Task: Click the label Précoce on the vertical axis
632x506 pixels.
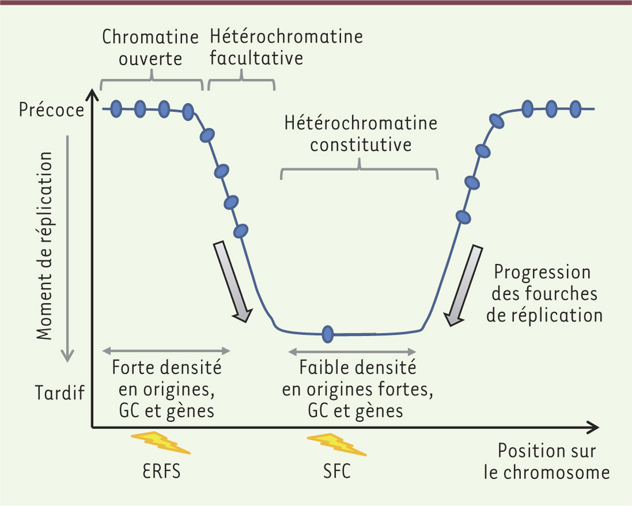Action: tap(52, 110)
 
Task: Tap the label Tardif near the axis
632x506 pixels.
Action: tap(60, 393)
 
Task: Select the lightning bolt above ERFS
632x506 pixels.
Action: tap(161, 443)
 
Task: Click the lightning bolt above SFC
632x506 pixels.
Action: tap(337, 444)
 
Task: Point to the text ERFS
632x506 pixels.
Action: tap(161, 471)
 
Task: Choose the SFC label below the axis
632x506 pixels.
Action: tap(337, 471)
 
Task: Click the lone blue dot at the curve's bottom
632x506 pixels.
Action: tap(328, 334)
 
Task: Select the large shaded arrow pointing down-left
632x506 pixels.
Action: tap(463, 286)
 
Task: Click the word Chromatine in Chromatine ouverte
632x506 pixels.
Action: tap(150, 37)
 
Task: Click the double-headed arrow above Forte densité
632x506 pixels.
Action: tap(166, 351)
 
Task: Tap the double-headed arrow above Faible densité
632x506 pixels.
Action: tap(352, 352)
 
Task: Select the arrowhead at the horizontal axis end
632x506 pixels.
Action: tap(592, 427)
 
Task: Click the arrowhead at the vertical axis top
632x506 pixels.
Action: tap(93, 95)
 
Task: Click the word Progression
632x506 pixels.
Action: tap(542, 272)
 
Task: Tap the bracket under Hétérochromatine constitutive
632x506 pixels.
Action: tap(360, 169)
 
